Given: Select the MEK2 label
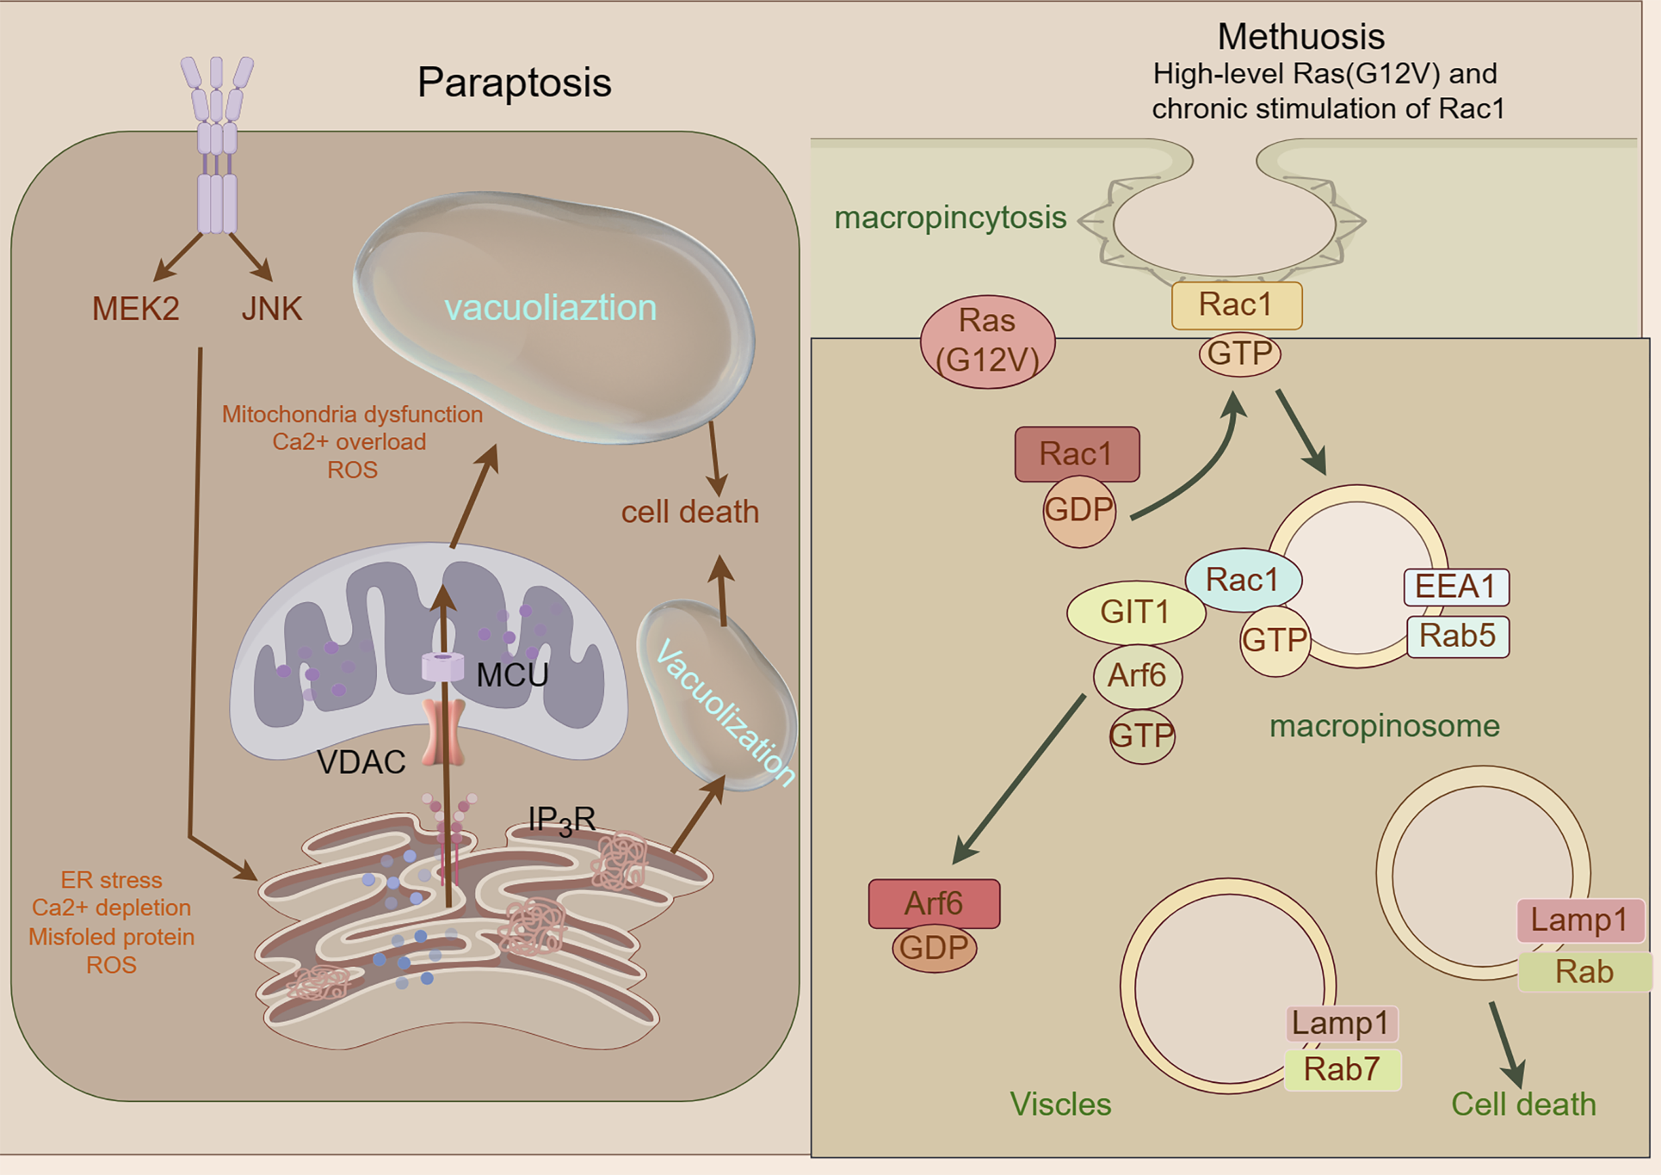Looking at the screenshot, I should point(136,309).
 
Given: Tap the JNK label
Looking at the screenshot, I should point(271,309).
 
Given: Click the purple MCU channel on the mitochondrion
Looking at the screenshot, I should point(443,666).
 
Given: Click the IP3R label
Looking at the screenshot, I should point(561,820).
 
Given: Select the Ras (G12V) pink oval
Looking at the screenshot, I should point(987,341).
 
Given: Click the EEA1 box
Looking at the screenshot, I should point(1456,587).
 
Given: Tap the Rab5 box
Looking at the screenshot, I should point(1458,636).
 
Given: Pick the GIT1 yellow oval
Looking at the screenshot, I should point(1135,612).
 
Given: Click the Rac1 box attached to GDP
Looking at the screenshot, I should point(1077,454).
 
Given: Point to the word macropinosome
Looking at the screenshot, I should point(1385,726).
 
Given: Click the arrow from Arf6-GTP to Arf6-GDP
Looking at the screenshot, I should point(1021,778).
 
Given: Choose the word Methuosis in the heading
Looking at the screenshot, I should point(1301,37).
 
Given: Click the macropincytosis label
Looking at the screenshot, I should point(950,217).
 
